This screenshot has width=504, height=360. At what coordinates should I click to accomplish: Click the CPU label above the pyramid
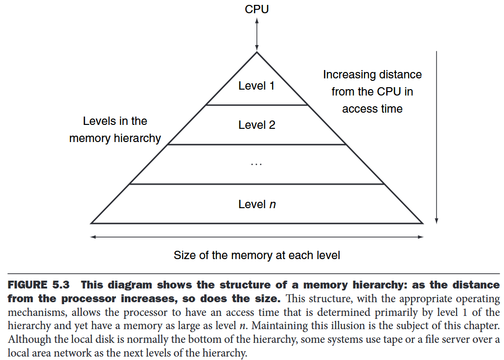pyautogui.click(x=257, y=9)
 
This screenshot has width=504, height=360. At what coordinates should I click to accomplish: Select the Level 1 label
pyautogui.click(x=256, y=86)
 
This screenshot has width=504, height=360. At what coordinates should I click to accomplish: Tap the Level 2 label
pyautogui.click(x=256, y=125)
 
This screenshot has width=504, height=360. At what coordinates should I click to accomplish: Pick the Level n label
pyautogui.click(x=257, y=204)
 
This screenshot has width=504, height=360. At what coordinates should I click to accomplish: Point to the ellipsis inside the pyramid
pyautogui.click(x=256, y=165)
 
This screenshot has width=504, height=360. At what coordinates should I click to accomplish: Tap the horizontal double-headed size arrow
pyautogui.click(x=257, y=237)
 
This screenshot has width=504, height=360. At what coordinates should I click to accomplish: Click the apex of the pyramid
pyautogui.click(x=257, y=52)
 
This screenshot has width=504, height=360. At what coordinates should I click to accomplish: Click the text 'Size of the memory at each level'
pyautogui.click(x=257, y=255)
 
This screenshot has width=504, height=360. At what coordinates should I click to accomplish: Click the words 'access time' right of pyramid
pyautogui.click(x=372, y=109)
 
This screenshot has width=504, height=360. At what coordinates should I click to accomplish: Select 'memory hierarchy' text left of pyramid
pyautogui.click(x=115, y=139)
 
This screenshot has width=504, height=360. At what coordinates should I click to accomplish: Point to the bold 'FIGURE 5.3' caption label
pyautogui.click(x=39, y=285)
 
